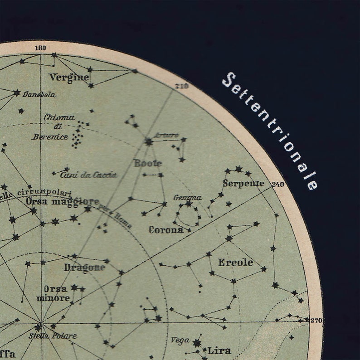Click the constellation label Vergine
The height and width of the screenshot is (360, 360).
[69, 77]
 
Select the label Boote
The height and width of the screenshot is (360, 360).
[148, 163]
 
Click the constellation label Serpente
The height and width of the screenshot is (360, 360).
[243, 184]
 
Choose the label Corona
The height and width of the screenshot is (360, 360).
[166, 229]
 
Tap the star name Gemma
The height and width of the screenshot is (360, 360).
[187, 198]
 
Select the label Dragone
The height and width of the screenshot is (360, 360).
[84, 267]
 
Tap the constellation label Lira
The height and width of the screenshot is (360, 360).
[219, 350]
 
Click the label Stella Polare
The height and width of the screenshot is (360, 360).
[46, 336]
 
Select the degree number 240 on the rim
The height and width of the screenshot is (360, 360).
[277, 185]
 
